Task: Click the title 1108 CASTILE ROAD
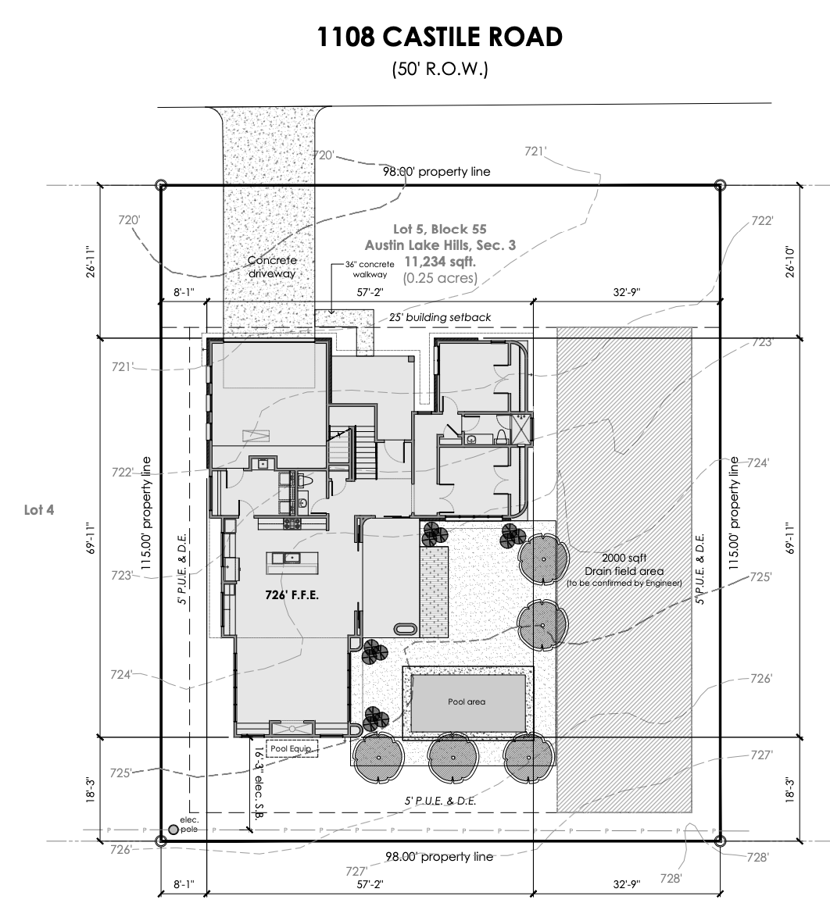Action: (x=440, y=37)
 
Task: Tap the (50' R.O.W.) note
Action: (x=440, y=69)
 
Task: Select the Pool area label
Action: (x=467, y=701)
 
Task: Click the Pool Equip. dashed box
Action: (x=292, y=748)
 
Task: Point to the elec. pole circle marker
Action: (x=174, y=830)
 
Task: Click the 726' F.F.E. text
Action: (x=292, y=595)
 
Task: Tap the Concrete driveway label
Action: (x=272, y=266)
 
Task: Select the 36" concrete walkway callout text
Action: (x=370, y=269)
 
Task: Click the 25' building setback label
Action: (x=440, y=317)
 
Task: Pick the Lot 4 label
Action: (x=39, y=509)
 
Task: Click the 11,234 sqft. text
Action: (x=440, y=262)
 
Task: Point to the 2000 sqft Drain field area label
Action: (x=624, y=570)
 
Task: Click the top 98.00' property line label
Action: (x=437, y=171)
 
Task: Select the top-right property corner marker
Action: (x=719, y=185)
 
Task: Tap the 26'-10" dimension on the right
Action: (x=789, y=262)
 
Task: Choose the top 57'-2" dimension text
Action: (x=370, y=292)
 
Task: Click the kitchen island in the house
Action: (x=292, y=562)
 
